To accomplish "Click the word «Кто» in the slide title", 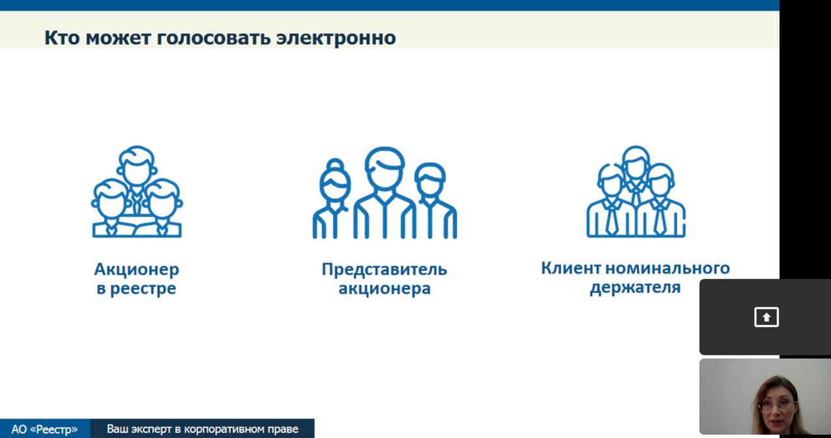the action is [62, 38].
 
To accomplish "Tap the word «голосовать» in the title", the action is [214, 38].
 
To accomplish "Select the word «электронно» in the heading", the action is [336, 38].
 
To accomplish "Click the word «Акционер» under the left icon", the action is [136, 270].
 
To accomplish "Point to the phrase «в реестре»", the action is [136, 289].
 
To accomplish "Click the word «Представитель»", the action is [384, 270].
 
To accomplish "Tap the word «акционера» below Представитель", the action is [384, 289].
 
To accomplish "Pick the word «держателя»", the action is [635, 288].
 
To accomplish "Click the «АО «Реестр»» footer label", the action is [45, 429].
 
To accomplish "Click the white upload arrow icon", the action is [767, 317].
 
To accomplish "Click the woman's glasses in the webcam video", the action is [777, 406].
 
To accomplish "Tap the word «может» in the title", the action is [118, 38].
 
